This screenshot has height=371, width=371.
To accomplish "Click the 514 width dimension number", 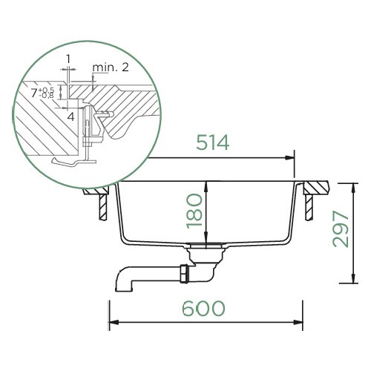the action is point(213,142).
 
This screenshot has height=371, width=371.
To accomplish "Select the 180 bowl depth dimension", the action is point(194,211).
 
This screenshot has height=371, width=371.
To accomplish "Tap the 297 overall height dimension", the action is point(341,229).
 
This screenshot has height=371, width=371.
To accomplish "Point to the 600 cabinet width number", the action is point(203,309).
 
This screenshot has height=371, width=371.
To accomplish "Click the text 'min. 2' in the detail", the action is point(111,68).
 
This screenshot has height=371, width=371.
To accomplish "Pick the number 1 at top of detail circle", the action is point(68,59).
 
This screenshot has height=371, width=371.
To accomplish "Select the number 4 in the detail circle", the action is point(71,116).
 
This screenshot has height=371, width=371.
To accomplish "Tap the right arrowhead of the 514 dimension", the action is point(289,158).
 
